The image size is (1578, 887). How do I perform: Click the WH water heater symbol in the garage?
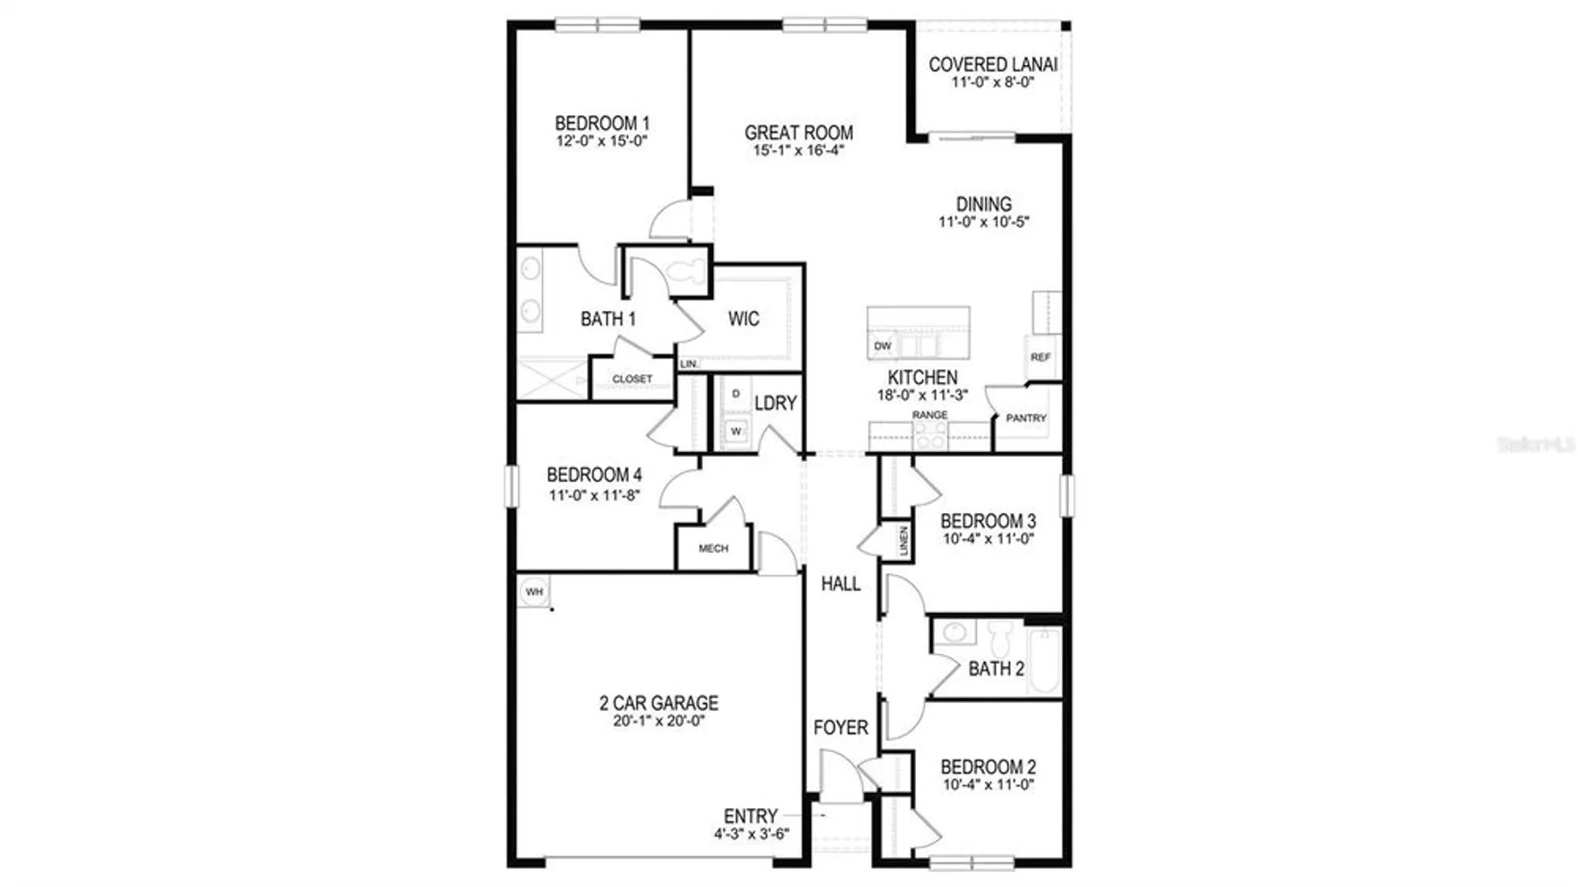pos(534,591)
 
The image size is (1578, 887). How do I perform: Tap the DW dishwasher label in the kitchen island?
pos(882,346)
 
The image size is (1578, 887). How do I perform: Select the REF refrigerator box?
pos(1040,357)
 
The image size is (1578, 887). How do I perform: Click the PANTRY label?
pos(1026,417)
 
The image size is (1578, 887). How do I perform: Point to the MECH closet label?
pos(713,548)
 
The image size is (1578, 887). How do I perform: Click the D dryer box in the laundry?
pos(735,394)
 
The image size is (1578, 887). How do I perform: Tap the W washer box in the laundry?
pos(735,431)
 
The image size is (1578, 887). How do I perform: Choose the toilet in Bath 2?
pos(1000,636)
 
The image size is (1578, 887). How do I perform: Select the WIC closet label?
pos(743,319)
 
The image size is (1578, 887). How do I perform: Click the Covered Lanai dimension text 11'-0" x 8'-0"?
pos(993,82)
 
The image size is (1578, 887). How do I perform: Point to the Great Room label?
pos(798,133)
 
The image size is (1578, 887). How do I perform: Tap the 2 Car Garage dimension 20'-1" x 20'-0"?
pos(659,720)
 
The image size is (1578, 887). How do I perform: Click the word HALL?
pos(840,583)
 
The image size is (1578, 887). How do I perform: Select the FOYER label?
pos(840,727)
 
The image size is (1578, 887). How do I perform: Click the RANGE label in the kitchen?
pos(929,414)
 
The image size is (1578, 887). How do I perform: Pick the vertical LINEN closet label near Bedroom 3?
pos(903,541)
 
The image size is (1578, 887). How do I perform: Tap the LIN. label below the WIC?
pos(688,364)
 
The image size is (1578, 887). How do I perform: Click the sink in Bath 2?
pos(955,631)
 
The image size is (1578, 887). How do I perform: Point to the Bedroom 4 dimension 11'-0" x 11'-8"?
pos(594,496)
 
